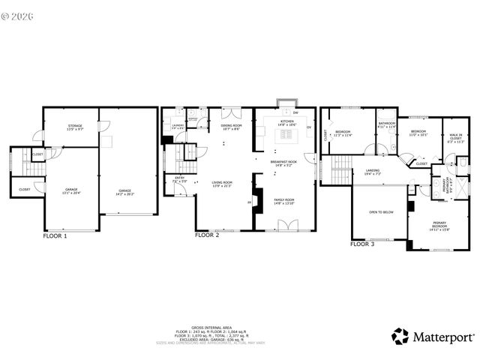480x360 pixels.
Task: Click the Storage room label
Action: coord(75,127)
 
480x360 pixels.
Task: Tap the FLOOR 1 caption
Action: coord(55,235)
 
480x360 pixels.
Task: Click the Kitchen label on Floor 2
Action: coord(288,122)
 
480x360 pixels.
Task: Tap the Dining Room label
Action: coord(232,127)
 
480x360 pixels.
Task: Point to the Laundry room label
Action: coord(177,127)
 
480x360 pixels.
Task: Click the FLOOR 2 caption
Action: coord(207,235)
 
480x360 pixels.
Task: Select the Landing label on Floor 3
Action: coord(373,172)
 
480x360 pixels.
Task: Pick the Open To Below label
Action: coord(381,212)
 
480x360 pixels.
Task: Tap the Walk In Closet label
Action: coord(456,138)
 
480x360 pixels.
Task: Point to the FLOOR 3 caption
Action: coord(363,244)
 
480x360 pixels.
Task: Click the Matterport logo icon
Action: coord(401,335)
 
